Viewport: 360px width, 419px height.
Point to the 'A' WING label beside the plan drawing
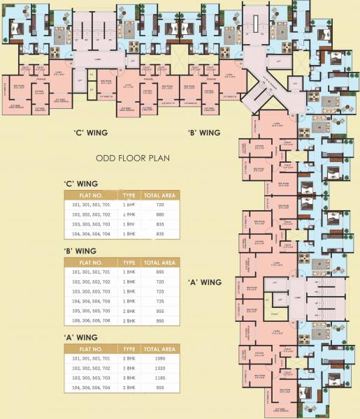click(205, 282)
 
